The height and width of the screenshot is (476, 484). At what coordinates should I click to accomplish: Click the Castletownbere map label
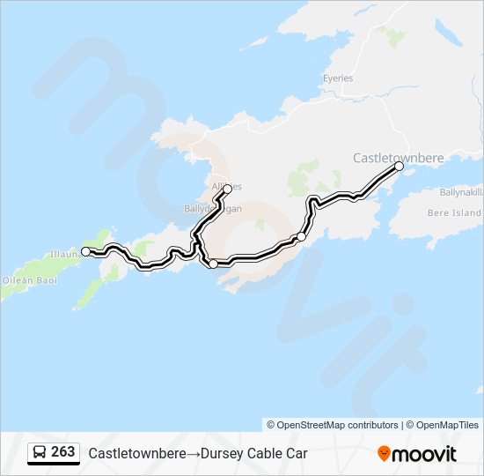398,158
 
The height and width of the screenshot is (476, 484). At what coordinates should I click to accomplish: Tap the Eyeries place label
337,78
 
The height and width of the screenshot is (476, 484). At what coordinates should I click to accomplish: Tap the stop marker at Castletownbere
399,166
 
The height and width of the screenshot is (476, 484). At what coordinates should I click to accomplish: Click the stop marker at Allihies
227,189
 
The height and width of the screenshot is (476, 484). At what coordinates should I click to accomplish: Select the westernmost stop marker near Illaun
85,252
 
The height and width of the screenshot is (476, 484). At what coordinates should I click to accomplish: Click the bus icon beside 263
40,453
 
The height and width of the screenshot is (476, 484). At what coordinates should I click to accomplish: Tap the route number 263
62,452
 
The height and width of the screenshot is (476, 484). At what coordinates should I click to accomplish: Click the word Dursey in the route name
214,454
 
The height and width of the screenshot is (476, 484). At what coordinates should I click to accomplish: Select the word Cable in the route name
261,454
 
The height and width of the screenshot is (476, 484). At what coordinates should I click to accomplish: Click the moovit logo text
425,454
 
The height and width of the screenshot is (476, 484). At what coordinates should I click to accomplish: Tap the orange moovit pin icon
384,454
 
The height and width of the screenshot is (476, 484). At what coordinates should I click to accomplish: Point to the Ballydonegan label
212,209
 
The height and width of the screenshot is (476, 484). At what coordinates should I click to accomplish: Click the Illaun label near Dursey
64,254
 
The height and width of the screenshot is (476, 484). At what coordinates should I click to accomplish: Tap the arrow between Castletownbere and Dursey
190,454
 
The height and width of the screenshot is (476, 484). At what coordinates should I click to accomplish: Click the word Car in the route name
296,454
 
